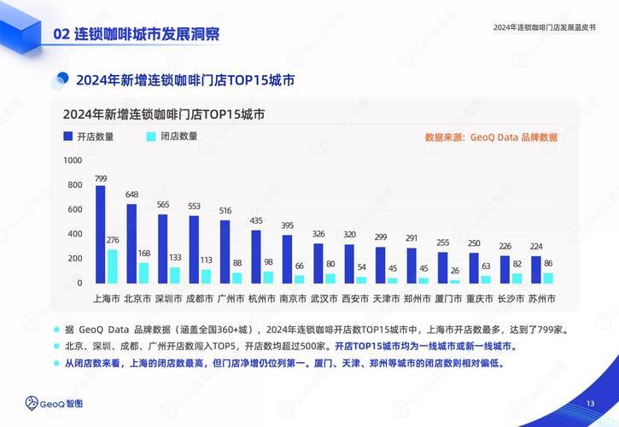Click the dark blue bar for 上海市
click(100, 234)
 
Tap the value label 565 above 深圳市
click(162, 205)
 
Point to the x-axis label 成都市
click(194, 300)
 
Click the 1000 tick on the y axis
click(73, 161)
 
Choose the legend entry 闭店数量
click(171, 137)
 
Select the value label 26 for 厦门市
click(455, 272)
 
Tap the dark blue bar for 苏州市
click(536, 269)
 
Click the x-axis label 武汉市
click(324, 300)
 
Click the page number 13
click(590, 404)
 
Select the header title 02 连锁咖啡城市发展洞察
click(137, 34)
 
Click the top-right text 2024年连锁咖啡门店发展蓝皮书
click(545, 27)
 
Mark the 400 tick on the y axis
click(75, 234)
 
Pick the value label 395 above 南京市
click(287, 225)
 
